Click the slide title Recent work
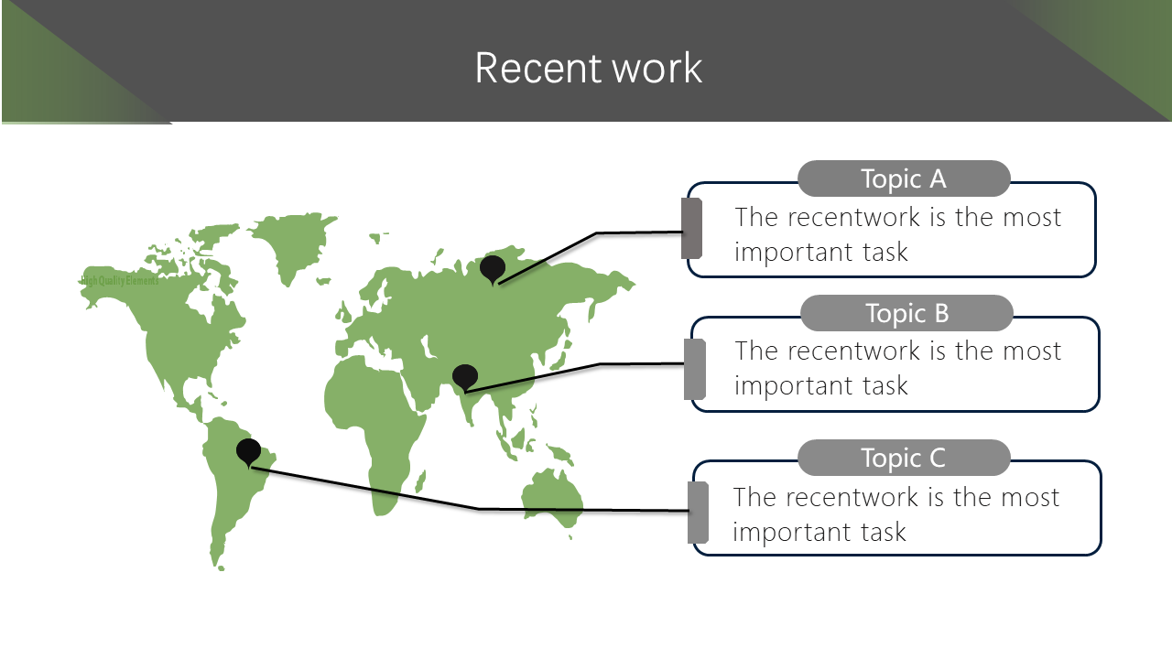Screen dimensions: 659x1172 click(588, 69)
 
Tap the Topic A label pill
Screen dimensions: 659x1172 click(904, 178)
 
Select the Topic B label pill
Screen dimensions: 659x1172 click(906, 313)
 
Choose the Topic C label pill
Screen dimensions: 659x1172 click(904, 458)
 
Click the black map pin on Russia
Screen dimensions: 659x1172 click(493, 268)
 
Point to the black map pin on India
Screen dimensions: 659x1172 click(465, 376)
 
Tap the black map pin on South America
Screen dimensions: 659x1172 click(248, 451)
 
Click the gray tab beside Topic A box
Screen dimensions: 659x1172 click(692, 228)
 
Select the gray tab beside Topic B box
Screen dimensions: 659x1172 click(695, 369)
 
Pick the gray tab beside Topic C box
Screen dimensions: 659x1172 click(698, 513)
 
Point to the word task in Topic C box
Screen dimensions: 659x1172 click(881, 532)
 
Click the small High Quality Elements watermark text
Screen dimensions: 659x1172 click(120, 281)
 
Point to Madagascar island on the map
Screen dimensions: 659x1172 click(422, 480)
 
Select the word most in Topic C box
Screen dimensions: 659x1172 click(1029, 497)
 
